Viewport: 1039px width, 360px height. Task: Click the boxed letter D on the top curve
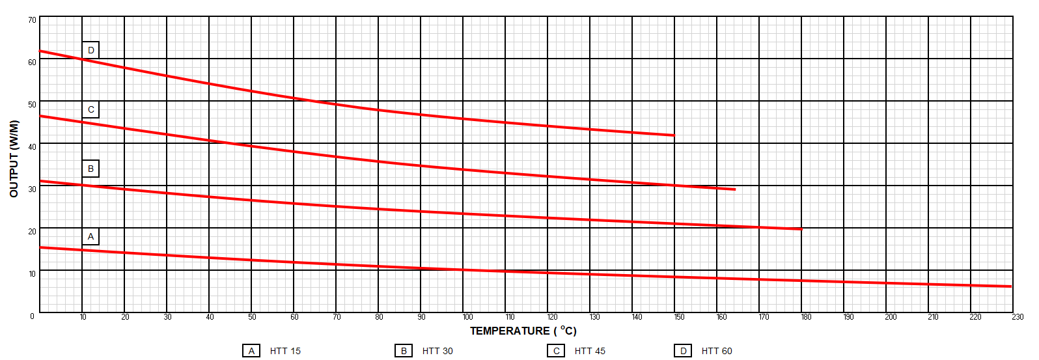(x=90, y=50)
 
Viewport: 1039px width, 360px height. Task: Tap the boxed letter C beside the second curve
(x=90, y=109)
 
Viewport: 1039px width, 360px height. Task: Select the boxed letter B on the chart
(x=90, y=169)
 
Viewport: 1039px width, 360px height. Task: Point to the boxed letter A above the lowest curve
(x=90, y=236)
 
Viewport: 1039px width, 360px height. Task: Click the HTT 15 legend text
(x=285, y=351)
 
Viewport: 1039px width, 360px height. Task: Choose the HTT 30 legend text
(x=437, y=351)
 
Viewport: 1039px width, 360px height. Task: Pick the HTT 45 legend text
(x=590, y=351)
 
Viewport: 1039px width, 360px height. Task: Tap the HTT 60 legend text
(x=717, y=351)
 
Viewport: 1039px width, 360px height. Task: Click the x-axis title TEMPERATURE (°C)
(x=523, y=331)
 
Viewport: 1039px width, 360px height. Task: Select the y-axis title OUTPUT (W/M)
(x=14, y=159)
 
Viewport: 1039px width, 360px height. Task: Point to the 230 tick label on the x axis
(x=1018, y=317)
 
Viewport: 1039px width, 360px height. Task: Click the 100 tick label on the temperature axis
(x=467, y=317)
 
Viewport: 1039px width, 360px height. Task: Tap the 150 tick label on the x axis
(x=679, y=317)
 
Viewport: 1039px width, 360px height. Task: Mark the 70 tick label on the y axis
(x=32, y=20)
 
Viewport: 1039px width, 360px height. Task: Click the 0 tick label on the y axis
(x=32, y=316)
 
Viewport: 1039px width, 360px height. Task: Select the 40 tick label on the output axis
(x=32, y=147)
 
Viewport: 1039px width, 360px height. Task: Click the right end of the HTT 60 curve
(x=674, y=135)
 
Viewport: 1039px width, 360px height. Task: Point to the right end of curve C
(x=734, y=189)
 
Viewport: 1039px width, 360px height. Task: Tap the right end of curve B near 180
(x=801, y=229)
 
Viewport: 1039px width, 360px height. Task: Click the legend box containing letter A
(x=251, y=351)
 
